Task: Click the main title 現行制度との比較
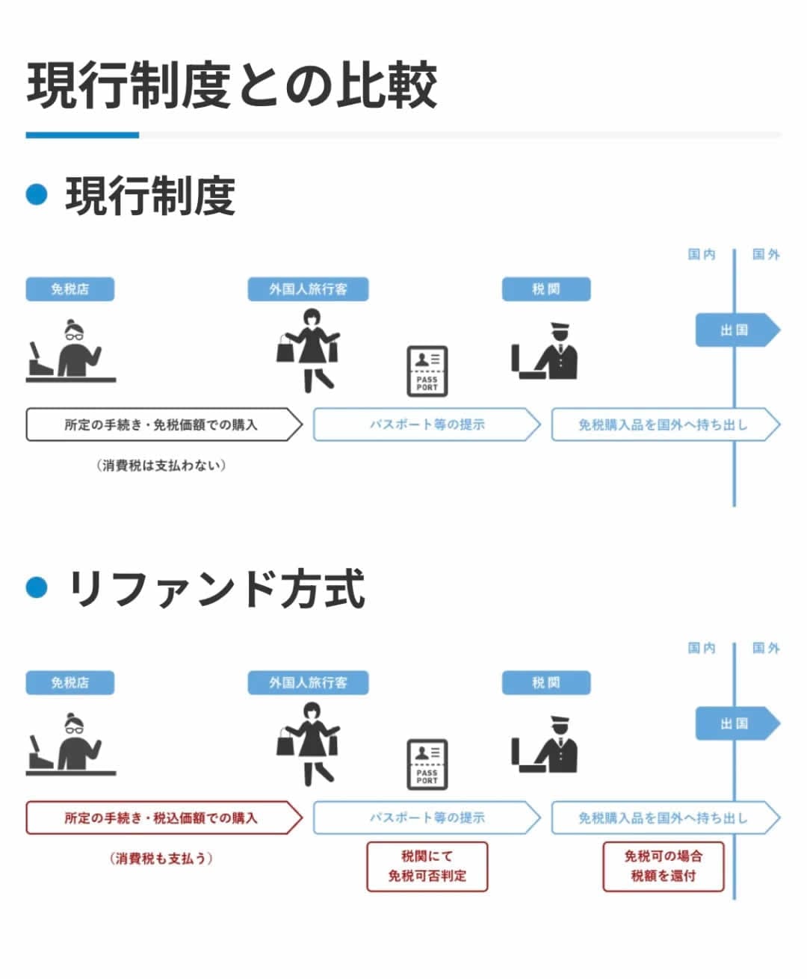(x=232, y=85)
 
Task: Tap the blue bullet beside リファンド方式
(x=37, y=587)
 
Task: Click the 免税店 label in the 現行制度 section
(x=70, y=289)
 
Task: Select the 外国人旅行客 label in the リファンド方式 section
(x=308, y=682)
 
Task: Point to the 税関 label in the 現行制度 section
(x=545, y=289)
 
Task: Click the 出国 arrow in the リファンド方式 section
(x=736, y=723)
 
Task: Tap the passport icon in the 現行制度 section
(x=427, y=370)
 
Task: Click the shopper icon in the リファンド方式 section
(x=309, y=752)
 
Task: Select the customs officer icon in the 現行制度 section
(x=545, y=351)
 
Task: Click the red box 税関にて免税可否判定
(x=427, y=866)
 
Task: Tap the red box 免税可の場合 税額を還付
(x=664, y=866)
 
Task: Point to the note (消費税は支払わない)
(x=161, y=466)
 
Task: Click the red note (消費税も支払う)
(x=161, y=859)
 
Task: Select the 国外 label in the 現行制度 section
(x=766, y=255)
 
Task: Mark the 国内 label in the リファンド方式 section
(x=702, y=648)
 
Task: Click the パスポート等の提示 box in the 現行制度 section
(x=427, y=424)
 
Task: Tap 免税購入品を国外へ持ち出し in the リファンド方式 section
(x=663, y=818)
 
